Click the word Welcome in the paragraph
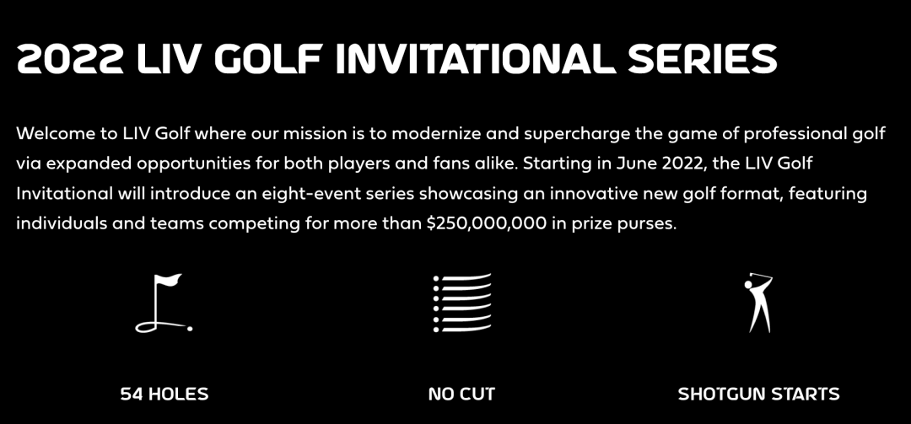coord(53,133)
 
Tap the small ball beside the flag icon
coord(190,329)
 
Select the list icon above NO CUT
coord(462,303)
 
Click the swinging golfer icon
coord(759,303)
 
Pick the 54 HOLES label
coord(164,394)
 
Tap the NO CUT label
coord(462,394)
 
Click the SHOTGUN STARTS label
coord(759,394)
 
